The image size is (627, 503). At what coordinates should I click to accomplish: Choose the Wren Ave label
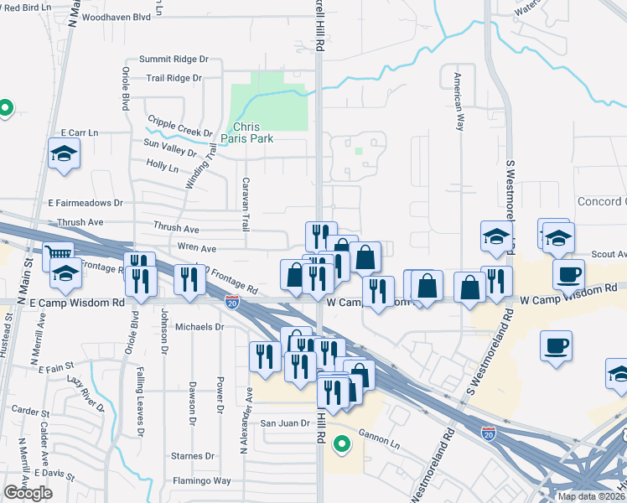click(196, 248)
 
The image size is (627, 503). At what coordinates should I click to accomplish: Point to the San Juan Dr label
click(283, 423)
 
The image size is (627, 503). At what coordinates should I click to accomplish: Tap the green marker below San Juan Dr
click(340, 444)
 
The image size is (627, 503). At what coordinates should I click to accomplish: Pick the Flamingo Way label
click(202, 481)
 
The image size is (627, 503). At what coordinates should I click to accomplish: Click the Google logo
click(28, 492)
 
